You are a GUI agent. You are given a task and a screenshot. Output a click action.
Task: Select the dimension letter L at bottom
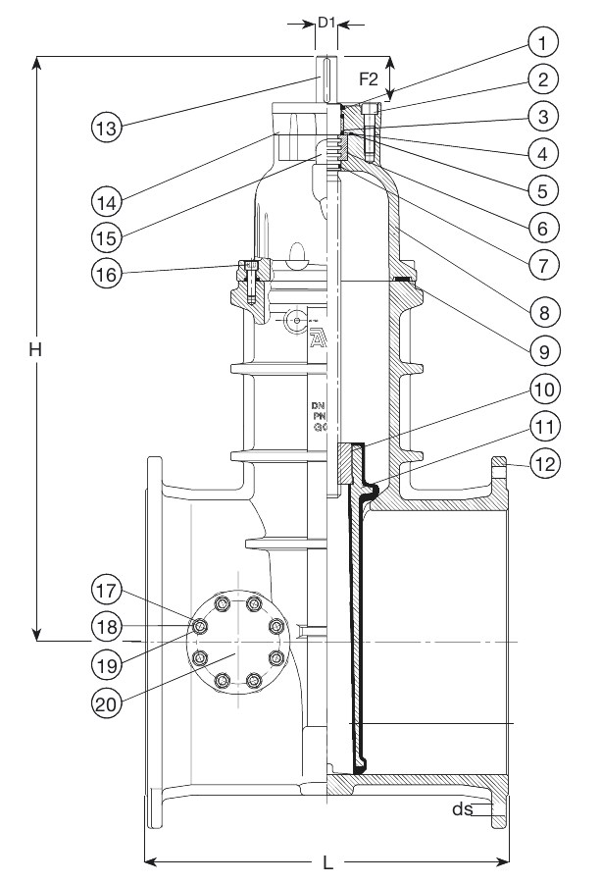pyautogui.click(x=327, y=863)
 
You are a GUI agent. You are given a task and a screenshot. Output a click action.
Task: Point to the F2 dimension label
pyautogui.click(x=370, y=77)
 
